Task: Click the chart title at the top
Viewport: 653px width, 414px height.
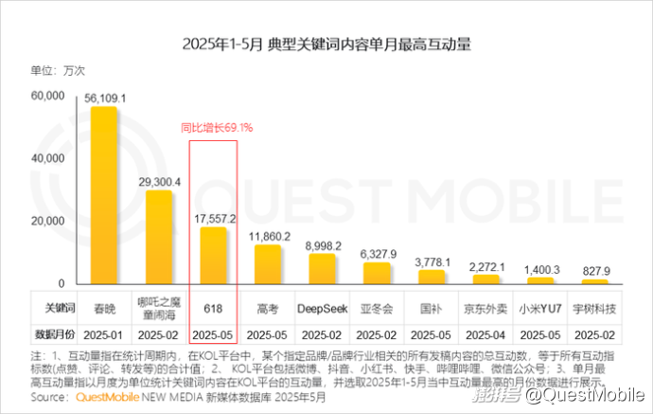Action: [326, 45]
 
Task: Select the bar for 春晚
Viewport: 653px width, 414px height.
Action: [104, 194]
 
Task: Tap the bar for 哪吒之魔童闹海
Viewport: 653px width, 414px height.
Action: [159, 237]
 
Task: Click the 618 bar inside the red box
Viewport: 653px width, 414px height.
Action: [214, 255]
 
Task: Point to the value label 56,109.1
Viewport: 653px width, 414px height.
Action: [105, 98]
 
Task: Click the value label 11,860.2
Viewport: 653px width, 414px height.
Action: [269, 236]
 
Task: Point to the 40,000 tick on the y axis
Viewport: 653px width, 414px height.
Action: [46, 159]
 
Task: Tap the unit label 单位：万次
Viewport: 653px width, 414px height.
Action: [60, 70]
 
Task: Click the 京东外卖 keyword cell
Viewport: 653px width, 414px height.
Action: [486, 309]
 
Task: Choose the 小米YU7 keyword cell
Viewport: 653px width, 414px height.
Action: [540, 309]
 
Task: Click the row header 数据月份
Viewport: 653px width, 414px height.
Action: [56, 333]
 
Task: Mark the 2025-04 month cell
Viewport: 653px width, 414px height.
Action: [486, 333]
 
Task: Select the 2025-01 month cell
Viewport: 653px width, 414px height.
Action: [104, 333]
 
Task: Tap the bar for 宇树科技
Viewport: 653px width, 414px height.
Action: [595, 281]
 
